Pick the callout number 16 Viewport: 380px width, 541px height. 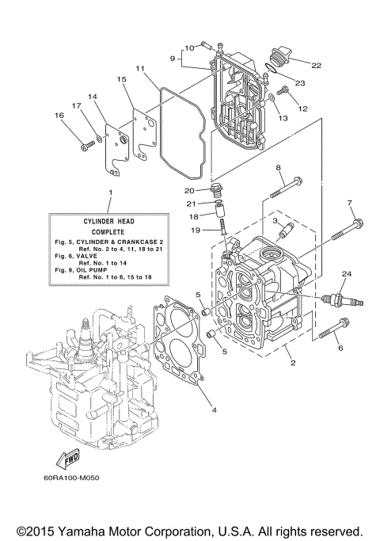(x=58, y=116)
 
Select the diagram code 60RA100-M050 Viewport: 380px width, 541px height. (x=77, y=478)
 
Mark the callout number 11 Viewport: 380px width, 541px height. (x=139, y=68)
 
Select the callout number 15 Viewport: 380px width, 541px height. (x=122, y=80)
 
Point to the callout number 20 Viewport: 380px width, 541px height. (x=190, y=190)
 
